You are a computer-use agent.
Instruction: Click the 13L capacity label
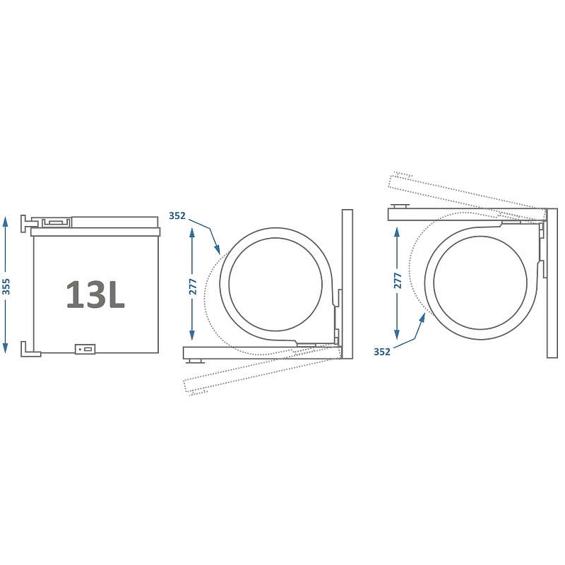coord(95,295)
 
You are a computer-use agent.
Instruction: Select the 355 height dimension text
coord(6,287)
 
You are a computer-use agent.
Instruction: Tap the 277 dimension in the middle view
coord(193,287)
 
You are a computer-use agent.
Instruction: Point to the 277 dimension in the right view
coord(398,280)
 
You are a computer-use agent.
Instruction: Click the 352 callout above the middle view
coord(177,216)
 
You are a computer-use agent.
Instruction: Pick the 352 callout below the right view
coord(382,352)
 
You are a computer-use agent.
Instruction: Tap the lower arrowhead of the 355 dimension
coord(5,348)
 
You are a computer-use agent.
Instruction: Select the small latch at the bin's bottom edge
coord(85,349)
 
